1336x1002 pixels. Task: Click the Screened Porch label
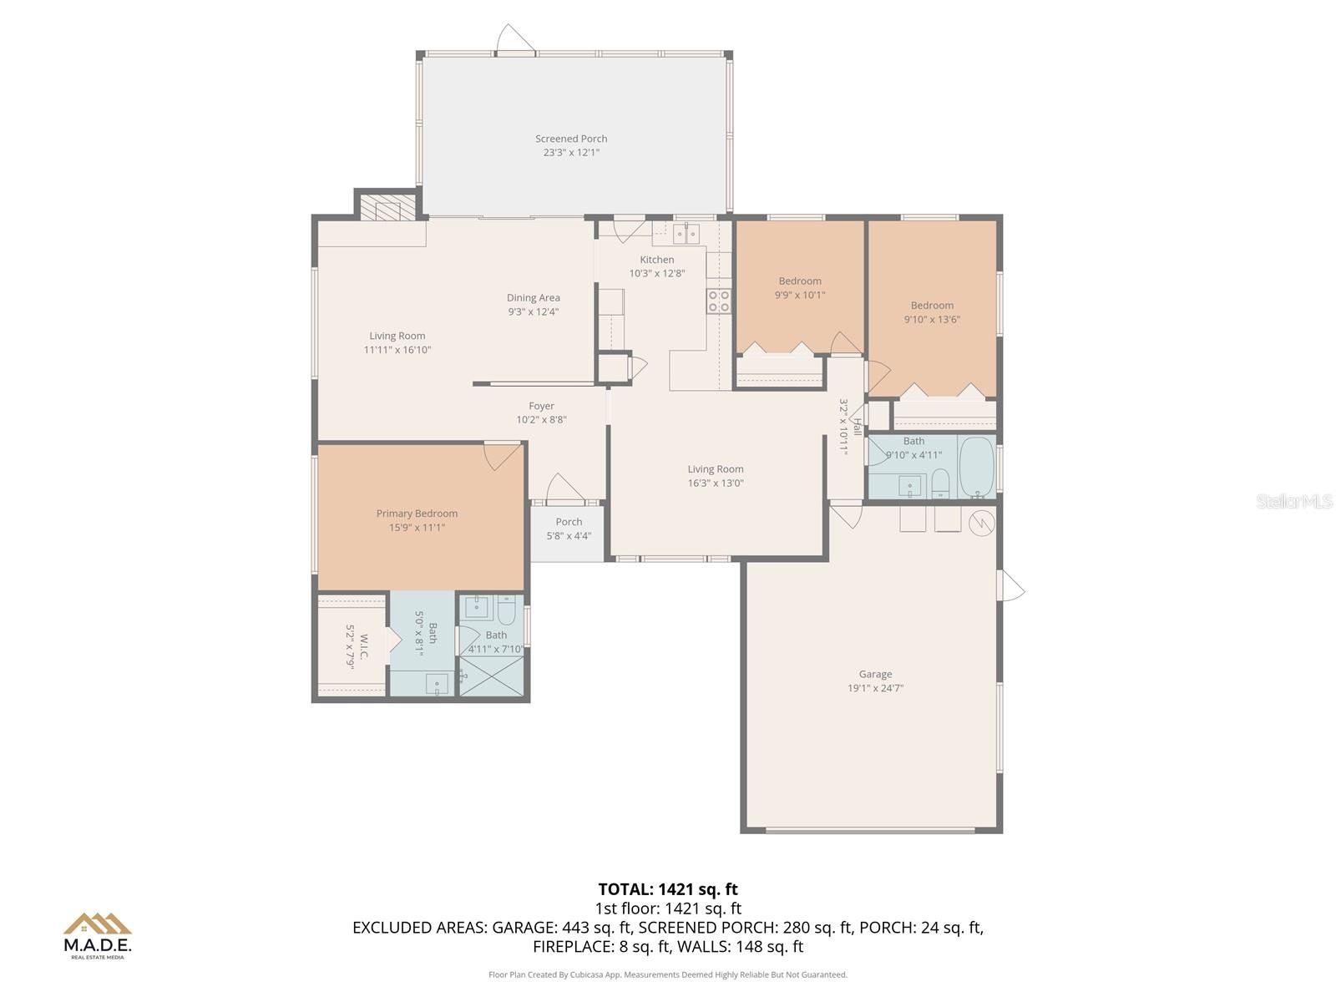pyautogui.click(x=571, y=139)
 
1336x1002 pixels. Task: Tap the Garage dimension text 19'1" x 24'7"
pyautogui.click(x=875, y=688)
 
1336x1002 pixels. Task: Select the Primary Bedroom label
pyautogui.click(x=417, y=514)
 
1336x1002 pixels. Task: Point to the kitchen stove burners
pyautogui.click(x=719, y=301)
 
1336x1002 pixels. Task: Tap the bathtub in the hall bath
pyautogui.click(x=976, y=468)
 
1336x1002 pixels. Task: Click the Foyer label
pyautogui.click(x=541, y=406)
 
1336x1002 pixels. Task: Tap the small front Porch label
pyautogui.click(x=569, y=522)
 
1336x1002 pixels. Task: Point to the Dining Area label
pyautogui.click(x=533, y=297)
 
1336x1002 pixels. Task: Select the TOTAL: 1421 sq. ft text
pyautogui.click(x=668, y=889)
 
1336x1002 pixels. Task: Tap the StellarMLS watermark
pyautogui.click(x=1293, y=501)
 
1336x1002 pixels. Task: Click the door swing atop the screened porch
pyautogui.click(x=514, y=38)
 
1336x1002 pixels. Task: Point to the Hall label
pyautogui.click(x=857, y=426)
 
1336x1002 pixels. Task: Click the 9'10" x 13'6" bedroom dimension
pyautogui.click(x=932, y=319)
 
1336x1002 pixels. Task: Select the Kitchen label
pyautogui.click(x=657, y=260)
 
